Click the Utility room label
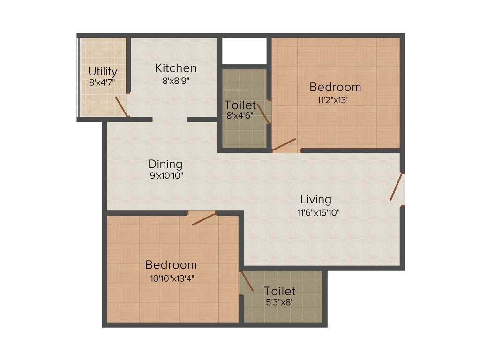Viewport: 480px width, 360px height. (x=103, y=72)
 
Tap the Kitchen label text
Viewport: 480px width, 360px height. (x=176, y=68)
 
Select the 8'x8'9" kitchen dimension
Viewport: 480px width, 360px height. (x=176, y=80)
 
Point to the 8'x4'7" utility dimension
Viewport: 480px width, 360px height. (x=102, y=82)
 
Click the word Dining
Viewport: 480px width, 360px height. (x=165, y=164)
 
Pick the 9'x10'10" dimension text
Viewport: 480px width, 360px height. (x=165, y=176)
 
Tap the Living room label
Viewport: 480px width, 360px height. (x=315, y=199)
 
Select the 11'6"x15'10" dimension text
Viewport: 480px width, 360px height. (x=318, y=212)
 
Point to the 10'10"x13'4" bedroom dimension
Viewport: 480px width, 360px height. (x=172, y=277)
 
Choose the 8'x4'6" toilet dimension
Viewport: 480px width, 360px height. (x=240, y=116)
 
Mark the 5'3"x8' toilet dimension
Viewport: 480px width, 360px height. (x=279, y=303)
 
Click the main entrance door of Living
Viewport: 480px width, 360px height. (x=397, y=187)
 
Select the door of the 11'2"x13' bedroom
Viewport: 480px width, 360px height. (x=284, y=144)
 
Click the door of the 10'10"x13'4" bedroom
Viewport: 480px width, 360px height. (x=204, y=218)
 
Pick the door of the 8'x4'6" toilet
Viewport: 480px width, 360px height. (x=265, y=114)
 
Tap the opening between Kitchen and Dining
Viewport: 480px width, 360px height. (x=170, y=120)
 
